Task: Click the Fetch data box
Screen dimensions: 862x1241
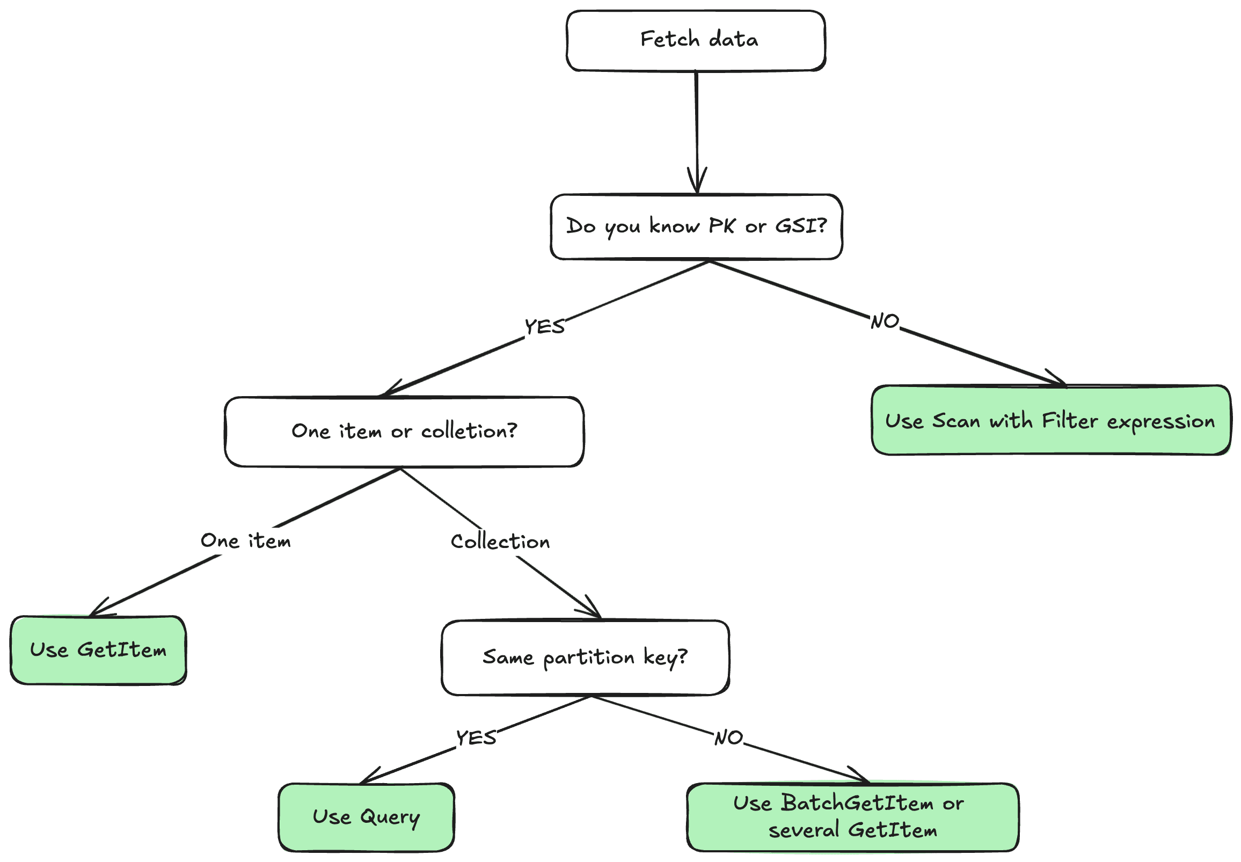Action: point(696,40)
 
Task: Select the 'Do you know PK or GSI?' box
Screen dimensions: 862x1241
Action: point(696,227)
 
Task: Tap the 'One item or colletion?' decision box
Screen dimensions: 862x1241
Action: point(404,432)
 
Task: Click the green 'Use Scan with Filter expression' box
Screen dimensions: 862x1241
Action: point(1050,421)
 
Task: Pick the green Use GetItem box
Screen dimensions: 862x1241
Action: point(98,651)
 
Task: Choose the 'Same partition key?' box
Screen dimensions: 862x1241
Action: point(586,658)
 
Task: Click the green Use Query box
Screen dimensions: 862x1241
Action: point(366,817)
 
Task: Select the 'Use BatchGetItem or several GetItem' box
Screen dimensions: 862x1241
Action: point(852,817)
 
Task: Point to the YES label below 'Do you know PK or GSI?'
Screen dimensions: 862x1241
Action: point(544,327)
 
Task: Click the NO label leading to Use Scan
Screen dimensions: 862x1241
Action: point(885,322)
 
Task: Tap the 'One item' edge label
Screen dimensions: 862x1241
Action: point(246,541)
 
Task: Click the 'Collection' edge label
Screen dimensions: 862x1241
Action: point(500,542)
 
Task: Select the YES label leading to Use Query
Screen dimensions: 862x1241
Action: point(476,738)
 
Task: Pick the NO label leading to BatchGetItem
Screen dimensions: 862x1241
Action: point(728,738)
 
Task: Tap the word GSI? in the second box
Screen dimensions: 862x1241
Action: point(801,226)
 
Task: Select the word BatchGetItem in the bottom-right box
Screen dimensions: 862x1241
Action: point(857,803)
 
